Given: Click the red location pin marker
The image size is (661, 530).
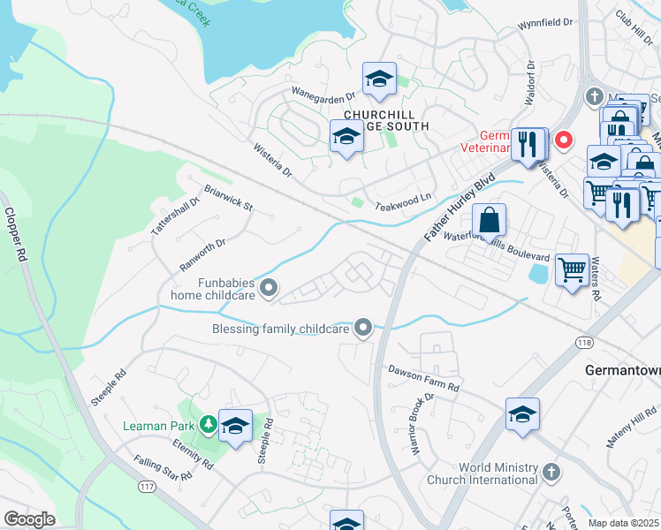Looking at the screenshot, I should pyautogui.click(x=561, y=140).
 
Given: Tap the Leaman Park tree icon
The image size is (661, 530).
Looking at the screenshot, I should pyautogui.click(x=208, y=425).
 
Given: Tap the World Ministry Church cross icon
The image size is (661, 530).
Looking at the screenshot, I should pyautogui.click(x=552, y=471).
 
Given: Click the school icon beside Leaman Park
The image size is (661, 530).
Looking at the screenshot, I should pyautogui.click(x=235, y=426).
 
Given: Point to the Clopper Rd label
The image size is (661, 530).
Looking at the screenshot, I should pyautogui.click(x=18, y=235).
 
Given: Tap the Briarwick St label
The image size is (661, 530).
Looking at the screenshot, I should pyautogui.click(x=228, y=198).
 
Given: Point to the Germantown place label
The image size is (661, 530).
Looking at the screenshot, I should pyautogui.click(x=622, y=371).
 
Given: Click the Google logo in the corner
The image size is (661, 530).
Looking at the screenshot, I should pyautogui.click(x=29, y=520).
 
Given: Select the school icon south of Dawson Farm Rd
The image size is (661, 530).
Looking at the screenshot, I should pyautogui.click(x=523, y=413).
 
